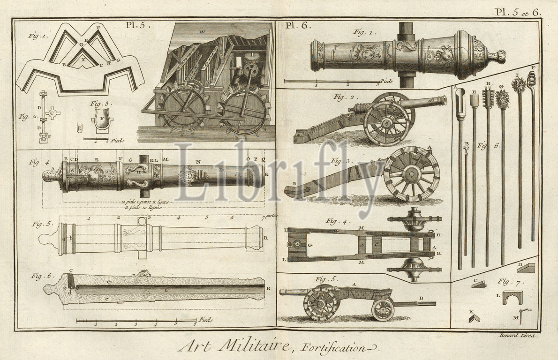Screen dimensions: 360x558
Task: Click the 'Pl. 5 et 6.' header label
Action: coord(519,13)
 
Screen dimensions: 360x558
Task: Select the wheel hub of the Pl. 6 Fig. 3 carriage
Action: coord(411,174)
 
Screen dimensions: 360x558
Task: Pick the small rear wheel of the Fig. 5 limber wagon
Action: coord(383,309)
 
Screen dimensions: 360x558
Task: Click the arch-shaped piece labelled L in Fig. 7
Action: coord(512,298)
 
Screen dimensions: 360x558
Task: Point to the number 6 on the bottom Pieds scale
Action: coord(195,324)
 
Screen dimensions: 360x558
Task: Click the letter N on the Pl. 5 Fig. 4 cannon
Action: coord(198,161)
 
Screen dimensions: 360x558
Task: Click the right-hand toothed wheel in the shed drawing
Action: coord(244,112)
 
